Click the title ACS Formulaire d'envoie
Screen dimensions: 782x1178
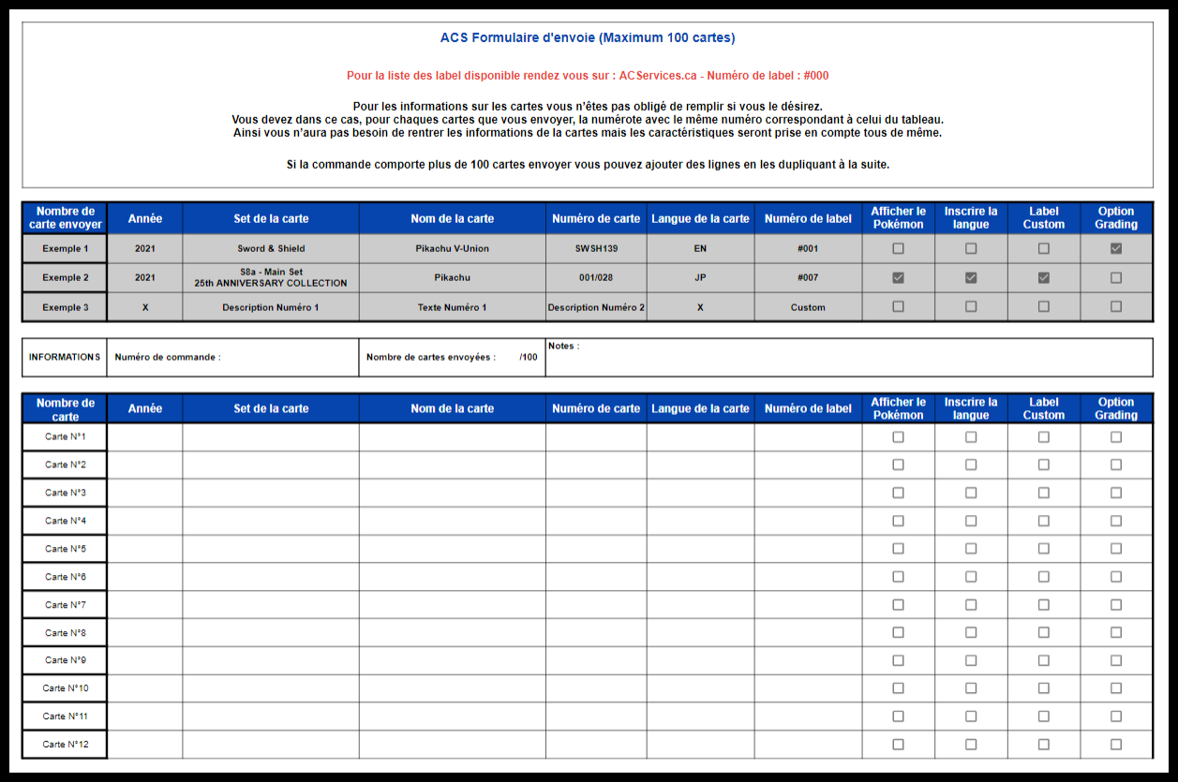[x=588, y=38]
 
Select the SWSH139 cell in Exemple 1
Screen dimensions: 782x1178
[x=596, y=249]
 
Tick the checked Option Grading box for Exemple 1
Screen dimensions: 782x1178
[x=1116, y=249]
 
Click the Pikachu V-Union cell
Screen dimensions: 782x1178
[x=452, y=249]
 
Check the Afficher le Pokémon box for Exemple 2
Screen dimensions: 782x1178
[x=898, y=278]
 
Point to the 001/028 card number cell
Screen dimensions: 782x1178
[x=596, y=278]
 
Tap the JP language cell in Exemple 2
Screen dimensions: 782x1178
[x=700, y=278]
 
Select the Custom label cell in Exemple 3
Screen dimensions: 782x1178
[x=808, y=307]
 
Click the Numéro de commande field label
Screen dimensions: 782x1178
[x=168, y=357]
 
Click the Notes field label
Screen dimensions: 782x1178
[x=563, y=347]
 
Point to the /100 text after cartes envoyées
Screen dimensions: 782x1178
[x=529, y=357]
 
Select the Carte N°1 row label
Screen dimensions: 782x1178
[x=65, y=436]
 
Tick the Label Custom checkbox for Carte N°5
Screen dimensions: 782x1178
[x=1044, y=549]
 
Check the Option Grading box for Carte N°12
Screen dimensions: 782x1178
[x=1116, y=745]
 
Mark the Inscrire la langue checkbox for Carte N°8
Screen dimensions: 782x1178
[x=971, y=632]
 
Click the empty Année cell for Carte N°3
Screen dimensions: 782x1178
[x=144, y=493]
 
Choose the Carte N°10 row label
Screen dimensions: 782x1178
[x=65, y=688]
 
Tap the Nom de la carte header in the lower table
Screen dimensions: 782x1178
[x=452, y=408]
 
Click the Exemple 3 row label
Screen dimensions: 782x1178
[x=65, y=307]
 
